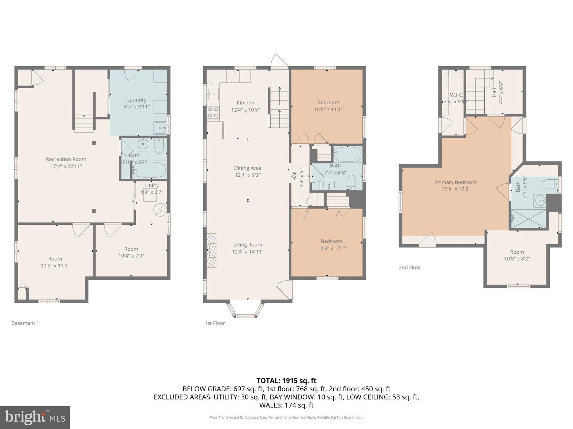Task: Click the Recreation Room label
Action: (x=66, y=159)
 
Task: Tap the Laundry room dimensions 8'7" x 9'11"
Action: (x=137, y=107)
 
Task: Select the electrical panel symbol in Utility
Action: (x=160, y=210)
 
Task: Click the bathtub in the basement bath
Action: (x=149, y=170)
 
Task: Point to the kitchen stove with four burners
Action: (x=213, y=112)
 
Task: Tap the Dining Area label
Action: (x=247, y=168)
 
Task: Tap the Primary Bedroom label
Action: (x=456, y=182)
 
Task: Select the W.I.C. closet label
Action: (x=456, y=95)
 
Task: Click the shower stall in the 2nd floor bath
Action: (x=528, y=219)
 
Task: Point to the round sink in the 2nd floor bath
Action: (x=541, y=201)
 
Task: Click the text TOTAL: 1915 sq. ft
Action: (x=286, y=381)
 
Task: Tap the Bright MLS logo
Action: (x=35, y=418)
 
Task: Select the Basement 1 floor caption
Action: (x=25, y=323)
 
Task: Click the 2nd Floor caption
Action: (x=410, y=267)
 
